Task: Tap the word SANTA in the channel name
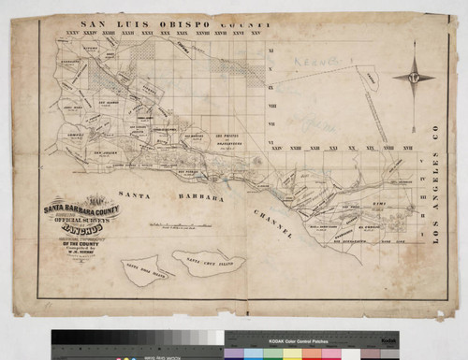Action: (x=137, y=189)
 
